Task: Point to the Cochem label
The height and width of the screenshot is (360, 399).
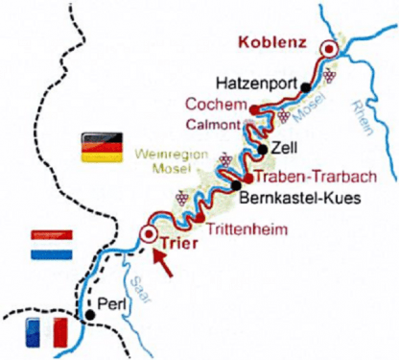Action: tap(218, 105)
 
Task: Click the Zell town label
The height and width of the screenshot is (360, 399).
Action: tap(286, 149)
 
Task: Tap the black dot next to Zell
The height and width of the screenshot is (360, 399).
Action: tap(262, 150)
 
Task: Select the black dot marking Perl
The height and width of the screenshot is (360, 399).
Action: tap(89, 314)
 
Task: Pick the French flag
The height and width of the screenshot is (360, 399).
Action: tap(45, 332)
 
